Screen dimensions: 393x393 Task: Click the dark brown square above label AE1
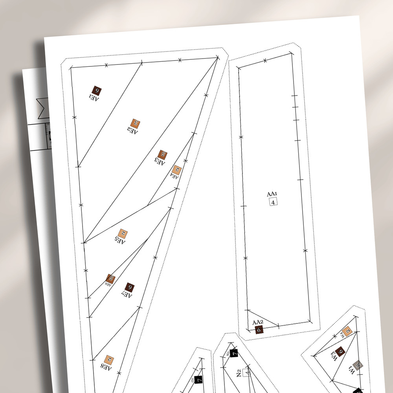[x=96, y=91]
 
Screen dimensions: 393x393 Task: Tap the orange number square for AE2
[x=136, y=123]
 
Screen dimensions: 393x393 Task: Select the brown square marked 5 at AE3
[x=163, y=154]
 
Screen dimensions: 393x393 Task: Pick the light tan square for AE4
[x=177, y=170]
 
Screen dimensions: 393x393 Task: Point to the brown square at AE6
[x=111, y=279]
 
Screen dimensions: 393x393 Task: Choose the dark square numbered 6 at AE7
[x=129, y=287]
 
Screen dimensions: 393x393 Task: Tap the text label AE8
[x=106, y=367]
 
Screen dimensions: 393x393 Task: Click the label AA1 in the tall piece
[x=272, y=194]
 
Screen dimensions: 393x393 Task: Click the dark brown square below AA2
[x=259, y=330]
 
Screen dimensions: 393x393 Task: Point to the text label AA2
[x=258, y=323]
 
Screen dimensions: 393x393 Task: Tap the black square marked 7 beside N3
[x=234, y=353]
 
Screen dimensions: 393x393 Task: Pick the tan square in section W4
[x=347, y=331]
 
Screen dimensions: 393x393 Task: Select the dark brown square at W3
[x=340, y=351]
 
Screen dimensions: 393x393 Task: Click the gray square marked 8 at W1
[x=358, y=365]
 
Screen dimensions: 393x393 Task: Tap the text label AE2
[x=132, y=130]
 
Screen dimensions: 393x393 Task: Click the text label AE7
[x=127, y=294]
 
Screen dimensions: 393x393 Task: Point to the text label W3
[x=334, y=356]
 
